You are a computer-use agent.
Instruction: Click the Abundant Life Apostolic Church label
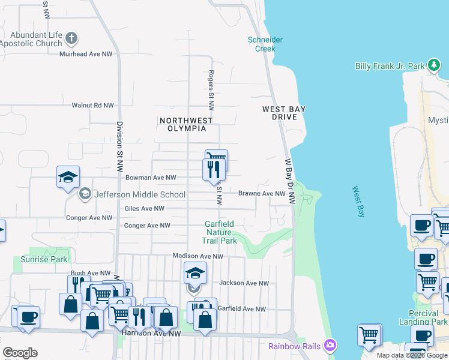[x=31, y=39]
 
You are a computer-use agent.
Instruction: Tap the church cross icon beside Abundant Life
[x=71, y=40]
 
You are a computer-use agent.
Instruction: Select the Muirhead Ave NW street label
[x=86, y=54]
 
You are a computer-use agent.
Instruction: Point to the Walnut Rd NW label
[x=92, y=105]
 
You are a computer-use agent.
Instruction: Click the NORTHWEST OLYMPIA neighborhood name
[x=186, y=124]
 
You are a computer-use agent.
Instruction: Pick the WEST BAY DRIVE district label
[x=284, y=113]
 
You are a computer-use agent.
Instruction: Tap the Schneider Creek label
[x=265, y=44]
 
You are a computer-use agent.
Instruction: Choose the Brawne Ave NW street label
[x=262, y=193]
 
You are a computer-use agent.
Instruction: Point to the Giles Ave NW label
[x=144, y=208]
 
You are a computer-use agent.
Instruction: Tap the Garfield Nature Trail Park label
[x=219, y=232]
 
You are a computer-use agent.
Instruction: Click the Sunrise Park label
[x=44, y=259]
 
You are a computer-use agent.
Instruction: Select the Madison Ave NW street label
[x=197, y=256]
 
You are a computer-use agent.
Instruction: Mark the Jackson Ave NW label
[x=243, y=283]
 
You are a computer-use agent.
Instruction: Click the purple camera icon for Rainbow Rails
[x=329, y=345]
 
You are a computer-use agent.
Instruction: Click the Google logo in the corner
[x=20, y=353]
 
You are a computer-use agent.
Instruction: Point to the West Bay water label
[x=359, y=202]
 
